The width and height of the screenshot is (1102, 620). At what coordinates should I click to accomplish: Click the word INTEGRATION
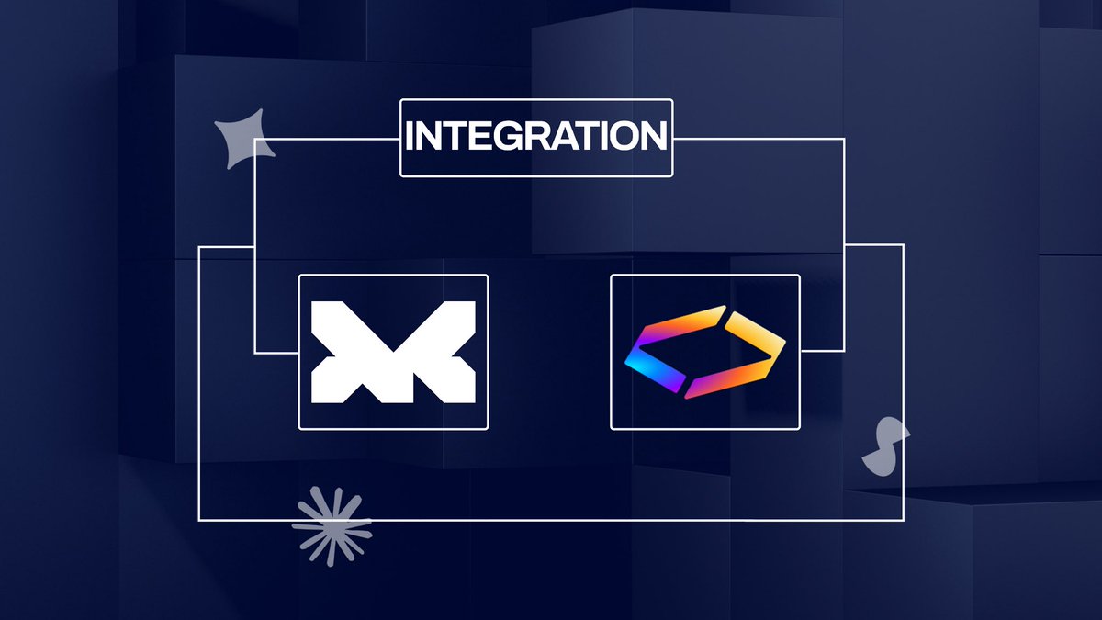[x=536, y=137]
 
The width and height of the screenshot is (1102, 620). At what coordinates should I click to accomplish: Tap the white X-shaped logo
[x=393, y=352]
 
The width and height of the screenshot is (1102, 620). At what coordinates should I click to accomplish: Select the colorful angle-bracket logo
[x=705, y=352]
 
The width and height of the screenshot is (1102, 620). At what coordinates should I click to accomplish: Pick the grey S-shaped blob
[x=884, y=447]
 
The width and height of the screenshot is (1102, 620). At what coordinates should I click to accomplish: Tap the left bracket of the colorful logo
[x=665, y=354]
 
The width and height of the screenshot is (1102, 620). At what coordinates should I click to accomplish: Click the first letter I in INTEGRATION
[x=410, y=137]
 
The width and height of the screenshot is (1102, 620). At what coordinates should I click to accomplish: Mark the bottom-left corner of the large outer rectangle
[x=199, y=520]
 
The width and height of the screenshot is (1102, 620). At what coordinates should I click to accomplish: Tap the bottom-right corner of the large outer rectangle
[x=903, y=520]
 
